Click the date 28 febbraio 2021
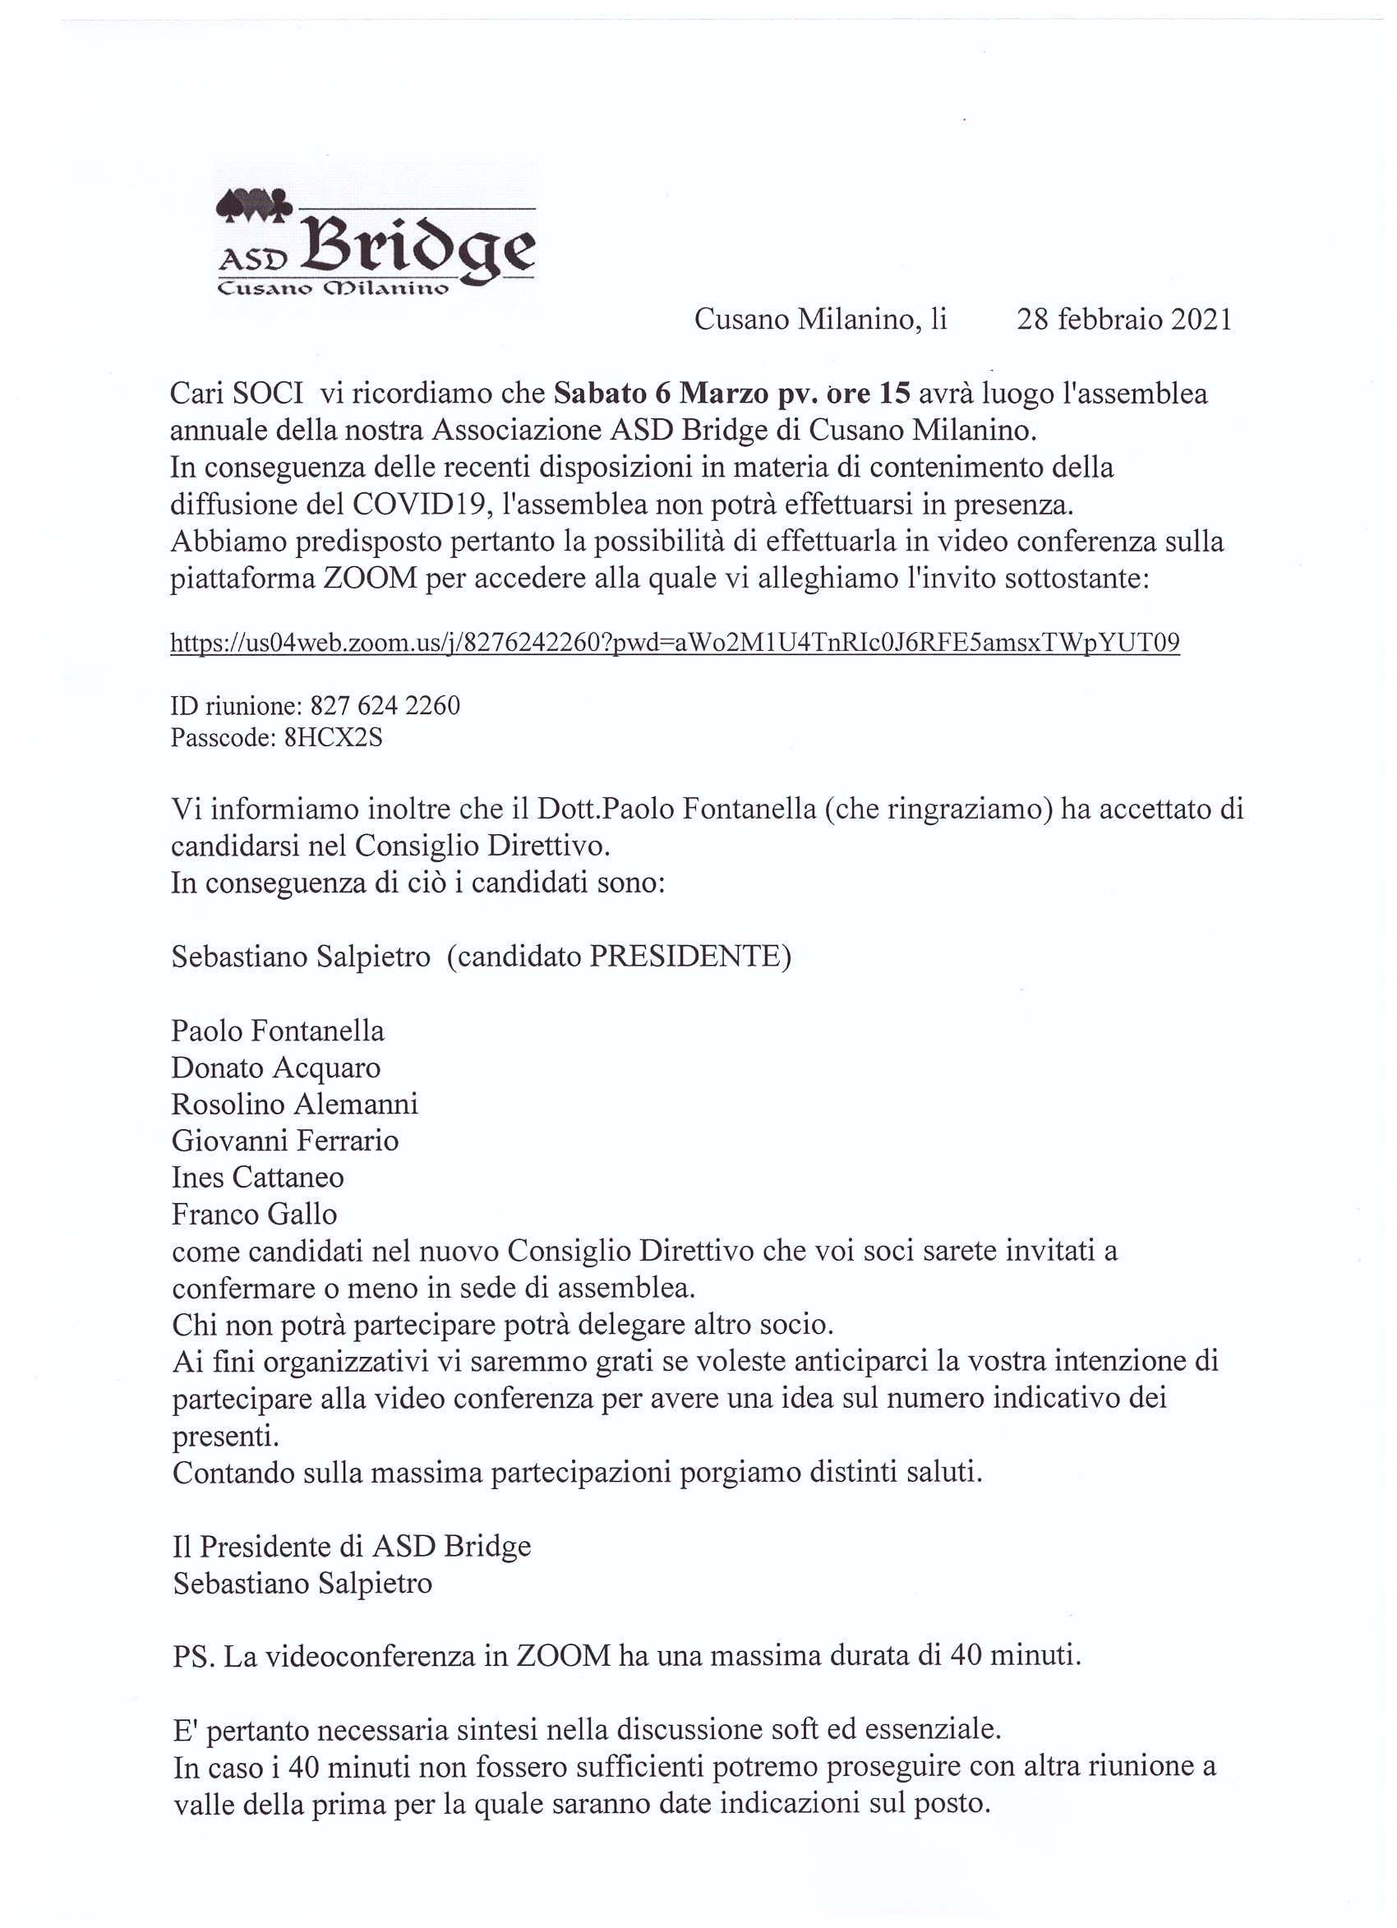1123,320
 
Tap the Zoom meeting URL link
675,643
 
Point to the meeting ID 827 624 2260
385,706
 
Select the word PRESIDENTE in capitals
685,957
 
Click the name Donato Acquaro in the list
275,1068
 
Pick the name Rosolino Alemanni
294,1105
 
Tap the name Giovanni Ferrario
285,1141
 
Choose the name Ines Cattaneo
258,1178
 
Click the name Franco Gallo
254,1214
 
